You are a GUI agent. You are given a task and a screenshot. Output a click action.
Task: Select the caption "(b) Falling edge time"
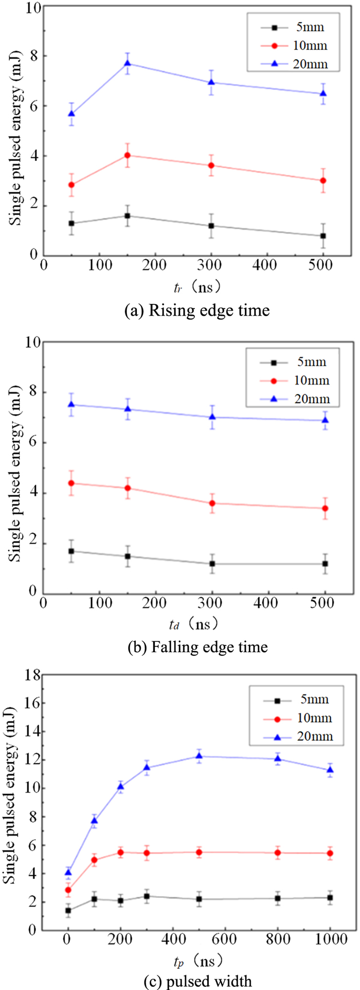(197, 646)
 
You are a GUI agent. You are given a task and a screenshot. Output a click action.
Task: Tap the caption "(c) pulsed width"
(197, 981)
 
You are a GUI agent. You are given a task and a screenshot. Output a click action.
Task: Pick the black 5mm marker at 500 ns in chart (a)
(323, 236)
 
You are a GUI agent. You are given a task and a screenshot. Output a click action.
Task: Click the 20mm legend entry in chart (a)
(298, 64)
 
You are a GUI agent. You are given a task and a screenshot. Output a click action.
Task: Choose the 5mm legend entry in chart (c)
(299, 699)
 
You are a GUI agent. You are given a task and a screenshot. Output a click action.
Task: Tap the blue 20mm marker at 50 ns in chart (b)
(71, 404)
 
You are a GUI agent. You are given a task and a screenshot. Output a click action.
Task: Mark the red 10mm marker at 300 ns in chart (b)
(211, 503)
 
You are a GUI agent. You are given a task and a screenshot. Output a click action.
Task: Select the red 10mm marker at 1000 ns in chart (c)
(330, 853)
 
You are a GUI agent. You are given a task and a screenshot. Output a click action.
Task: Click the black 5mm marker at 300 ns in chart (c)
(147, 896)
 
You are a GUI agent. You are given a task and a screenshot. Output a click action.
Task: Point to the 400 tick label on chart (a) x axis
(267, 266)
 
